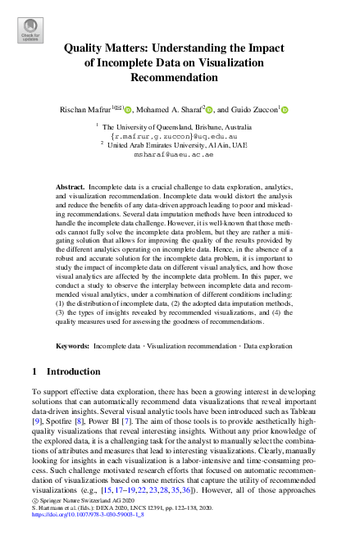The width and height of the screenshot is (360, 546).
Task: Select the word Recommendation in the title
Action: tap(180, 77)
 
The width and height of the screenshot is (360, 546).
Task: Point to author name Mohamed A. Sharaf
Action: tap(170, 109)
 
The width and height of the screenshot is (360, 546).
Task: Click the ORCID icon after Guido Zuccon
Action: tap(285, 109)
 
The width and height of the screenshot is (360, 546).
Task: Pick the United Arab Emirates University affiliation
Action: tap(180, 144)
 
